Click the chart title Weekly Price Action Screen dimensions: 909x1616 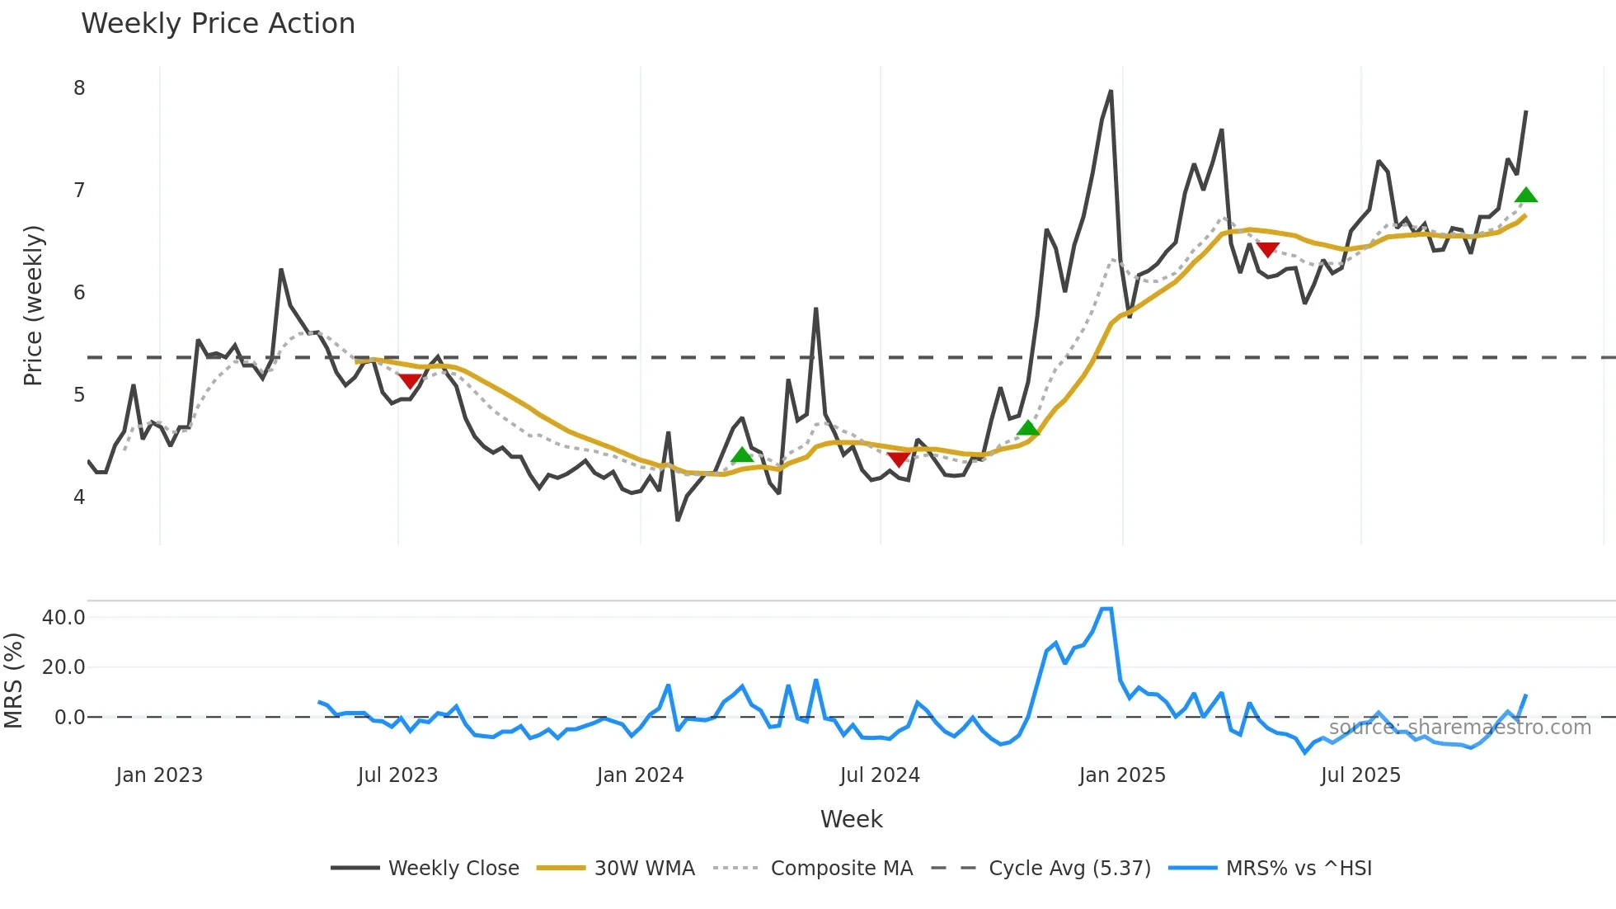[218, 24]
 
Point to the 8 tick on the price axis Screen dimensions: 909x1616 [79, 88]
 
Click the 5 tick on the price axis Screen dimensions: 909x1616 [79, 395]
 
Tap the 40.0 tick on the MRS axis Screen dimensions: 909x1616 [63, 618]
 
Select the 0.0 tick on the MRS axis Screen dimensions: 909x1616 [69, 718]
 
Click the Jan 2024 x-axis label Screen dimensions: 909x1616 [640, 775]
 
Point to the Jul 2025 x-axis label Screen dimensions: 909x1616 [1360, 775]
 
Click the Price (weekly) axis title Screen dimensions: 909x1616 [33, 305]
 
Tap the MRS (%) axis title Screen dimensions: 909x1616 [13, 681]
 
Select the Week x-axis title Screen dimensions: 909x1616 [851, 819]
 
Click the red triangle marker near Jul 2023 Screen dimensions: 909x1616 [410, 381]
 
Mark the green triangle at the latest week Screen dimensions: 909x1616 [1526, 195]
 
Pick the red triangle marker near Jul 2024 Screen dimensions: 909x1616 [899, 459]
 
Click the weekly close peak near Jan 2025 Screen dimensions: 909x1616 [1111, 92]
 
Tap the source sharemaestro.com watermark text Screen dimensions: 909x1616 [1459, 728]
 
